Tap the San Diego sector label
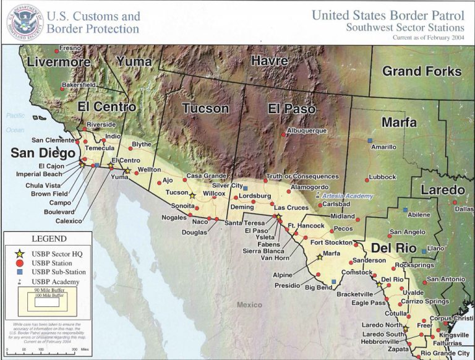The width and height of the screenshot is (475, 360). (43, 152)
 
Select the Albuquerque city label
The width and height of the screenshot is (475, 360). (306, 131)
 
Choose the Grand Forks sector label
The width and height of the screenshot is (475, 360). (421, 71)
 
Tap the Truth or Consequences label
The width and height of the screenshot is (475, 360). (302, 176)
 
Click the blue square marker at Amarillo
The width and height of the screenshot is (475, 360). (370, 140)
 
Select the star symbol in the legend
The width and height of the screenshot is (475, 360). (20, 253)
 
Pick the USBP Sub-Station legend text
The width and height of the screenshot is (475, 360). (59, 272)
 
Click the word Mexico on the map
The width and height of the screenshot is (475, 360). (249, 304)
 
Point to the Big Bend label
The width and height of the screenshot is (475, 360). (319, 288)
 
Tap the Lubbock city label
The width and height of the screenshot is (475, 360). (382, 177)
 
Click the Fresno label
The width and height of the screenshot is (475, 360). (70, 48)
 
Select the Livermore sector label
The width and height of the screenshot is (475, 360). (58, 62)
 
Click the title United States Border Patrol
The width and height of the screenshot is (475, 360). (388, 15)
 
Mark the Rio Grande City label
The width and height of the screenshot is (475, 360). (445, 353)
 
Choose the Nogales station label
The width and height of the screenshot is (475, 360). (174, 218)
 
